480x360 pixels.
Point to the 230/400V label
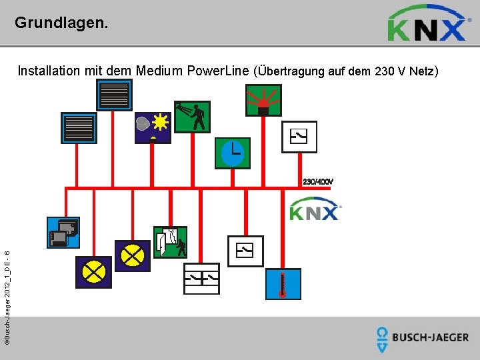(318, 181)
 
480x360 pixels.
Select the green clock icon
(232, 153)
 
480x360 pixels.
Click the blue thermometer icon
(283, 283)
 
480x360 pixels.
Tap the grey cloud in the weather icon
(143, 123)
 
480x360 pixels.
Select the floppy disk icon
(63, 233)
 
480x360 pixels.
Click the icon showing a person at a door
(170, 243)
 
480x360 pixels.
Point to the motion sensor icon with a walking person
(192, 117)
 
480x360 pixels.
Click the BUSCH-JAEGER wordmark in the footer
(430, 337)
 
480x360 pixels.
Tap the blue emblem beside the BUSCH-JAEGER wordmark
(382, 339)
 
